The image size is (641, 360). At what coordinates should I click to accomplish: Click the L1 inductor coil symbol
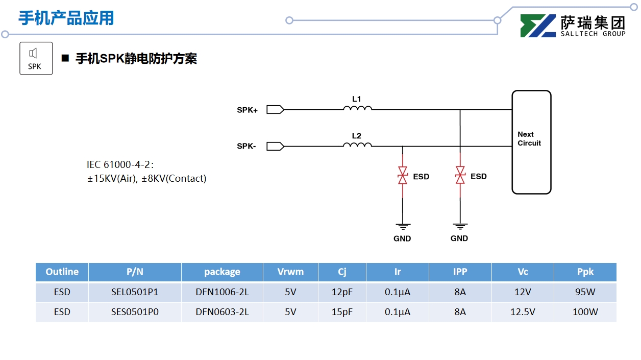point(357,108)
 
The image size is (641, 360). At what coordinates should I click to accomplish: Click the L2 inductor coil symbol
point(357,145)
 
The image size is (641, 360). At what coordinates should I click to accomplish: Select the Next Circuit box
point(531,142)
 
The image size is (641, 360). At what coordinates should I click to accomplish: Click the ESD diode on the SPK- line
point(403,175)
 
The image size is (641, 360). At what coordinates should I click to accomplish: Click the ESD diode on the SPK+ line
point(460,175)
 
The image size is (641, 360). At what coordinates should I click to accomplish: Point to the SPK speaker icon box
point(36,58)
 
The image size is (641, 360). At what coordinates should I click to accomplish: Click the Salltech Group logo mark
point(537,26)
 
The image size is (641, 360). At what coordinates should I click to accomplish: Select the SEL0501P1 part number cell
point(135,293)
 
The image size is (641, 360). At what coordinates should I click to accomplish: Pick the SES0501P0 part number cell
point(135,312)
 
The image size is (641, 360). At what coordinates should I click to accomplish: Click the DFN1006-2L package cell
point(222,293)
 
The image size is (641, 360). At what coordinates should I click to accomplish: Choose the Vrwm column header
point(290,272)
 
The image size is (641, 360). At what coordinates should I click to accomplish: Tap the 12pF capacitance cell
point(342,293)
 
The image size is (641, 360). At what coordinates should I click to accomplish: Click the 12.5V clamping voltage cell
point(523,312)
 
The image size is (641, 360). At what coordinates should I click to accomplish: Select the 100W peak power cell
point(585,312)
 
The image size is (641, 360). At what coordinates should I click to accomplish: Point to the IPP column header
point(460,272)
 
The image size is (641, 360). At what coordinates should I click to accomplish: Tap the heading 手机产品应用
point(66,18)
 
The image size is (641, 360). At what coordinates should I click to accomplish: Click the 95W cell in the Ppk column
point(585,293)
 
